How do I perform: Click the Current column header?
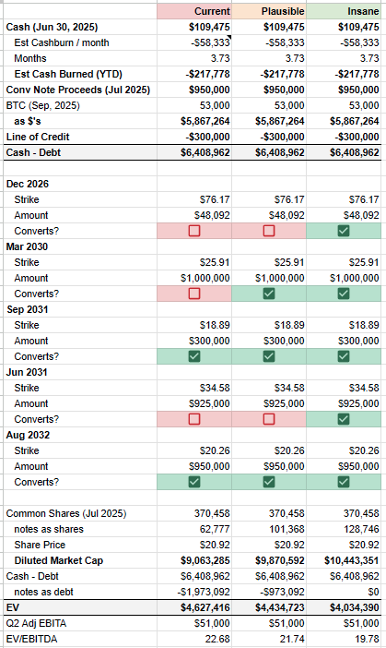point(212,10)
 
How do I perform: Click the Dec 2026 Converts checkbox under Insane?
point(343,231)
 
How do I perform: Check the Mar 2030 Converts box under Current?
point(193,294)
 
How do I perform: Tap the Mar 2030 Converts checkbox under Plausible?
point(268,294)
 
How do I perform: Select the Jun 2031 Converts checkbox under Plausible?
point(268,419)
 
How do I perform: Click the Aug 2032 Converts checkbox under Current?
point(193,482)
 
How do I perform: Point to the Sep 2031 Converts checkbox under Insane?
point(343,356)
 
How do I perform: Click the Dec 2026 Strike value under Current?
point(214,199)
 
